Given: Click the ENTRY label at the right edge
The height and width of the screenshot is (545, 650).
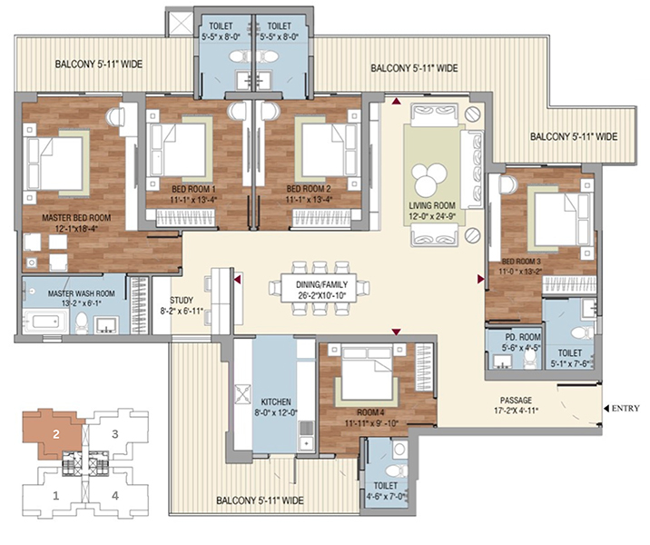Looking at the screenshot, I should tap(626, 408).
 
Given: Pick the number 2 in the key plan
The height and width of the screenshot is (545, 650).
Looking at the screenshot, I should tap(55, 434).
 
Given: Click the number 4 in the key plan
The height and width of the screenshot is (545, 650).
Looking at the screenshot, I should tap(114, 495).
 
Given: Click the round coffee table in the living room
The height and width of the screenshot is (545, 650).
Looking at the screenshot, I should tap(426, 173).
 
